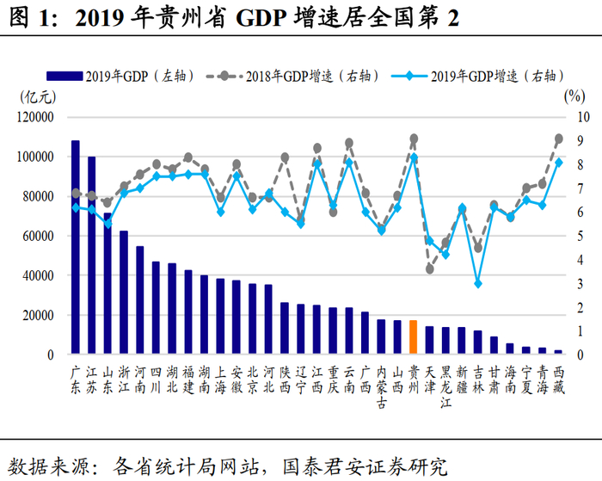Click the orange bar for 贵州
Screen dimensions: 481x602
coord(414,336)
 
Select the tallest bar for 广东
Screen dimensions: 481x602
coord(76,247)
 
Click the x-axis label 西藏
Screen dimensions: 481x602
coord(558,379)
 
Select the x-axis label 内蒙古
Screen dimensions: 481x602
coord(381,387)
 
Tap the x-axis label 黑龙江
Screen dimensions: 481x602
coord(445,387)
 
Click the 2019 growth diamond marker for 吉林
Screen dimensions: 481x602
coord(478,283)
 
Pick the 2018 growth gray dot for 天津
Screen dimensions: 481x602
coord(430,269)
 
